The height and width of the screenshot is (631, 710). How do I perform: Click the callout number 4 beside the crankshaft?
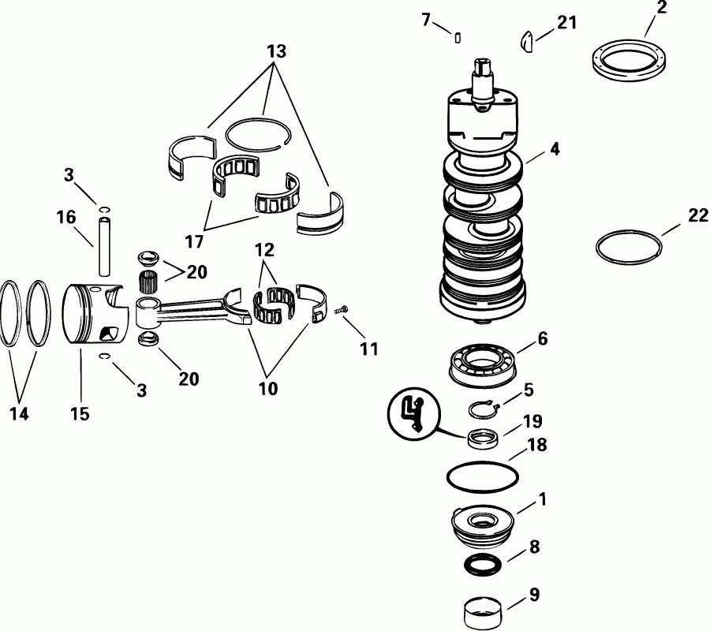pos(555,148)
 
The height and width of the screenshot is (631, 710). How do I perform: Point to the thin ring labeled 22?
pos(627,247)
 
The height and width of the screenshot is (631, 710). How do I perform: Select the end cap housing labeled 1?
pos(482,526)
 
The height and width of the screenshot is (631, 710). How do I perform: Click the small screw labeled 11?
pos(342,313)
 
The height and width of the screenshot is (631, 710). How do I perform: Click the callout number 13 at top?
pos(276,52)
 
